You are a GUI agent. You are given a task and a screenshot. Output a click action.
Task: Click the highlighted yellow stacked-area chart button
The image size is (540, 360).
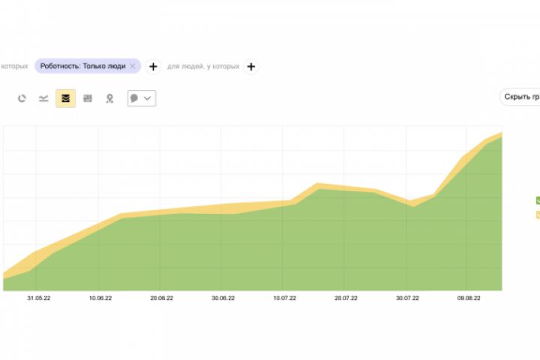tap(66, 98)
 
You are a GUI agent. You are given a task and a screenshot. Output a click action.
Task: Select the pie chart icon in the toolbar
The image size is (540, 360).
tap(22, 98)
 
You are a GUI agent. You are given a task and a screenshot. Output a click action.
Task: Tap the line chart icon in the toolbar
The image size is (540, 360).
tap(44, 98)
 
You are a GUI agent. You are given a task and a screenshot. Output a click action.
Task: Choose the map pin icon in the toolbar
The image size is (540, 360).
tap(109, 98)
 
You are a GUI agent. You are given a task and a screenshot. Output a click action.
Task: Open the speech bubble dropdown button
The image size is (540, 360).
tap(142, 98)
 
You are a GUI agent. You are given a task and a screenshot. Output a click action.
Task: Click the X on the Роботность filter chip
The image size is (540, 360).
tap(133, 66)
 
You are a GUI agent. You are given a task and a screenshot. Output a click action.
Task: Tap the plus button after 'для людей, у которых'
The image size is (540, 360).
tap(250, 66)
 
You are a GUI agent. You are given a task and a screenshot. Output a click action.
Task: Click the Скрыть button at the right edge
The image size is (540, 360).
tap(521, 97)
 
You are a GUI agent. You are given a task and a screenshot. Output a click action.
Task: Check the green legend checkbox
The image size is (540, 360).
tap(538, 200)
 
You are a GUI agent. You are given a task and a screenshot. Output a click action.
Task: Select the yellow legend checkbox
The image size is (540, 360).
tap(538, 214)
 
